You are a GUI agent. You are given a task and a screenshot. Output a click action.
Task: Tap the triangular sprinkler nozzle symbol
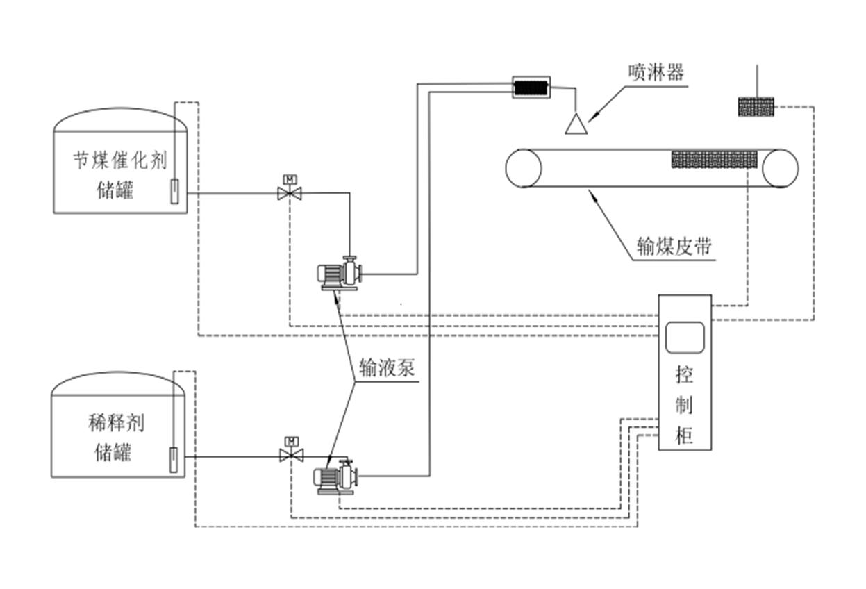coord(576,124)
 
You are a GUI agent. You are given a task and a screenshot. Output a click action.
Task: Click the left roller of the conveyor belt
coord(524,168)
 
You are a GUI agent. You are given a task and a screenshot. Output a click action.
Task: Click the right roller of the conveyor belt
coord(780,168)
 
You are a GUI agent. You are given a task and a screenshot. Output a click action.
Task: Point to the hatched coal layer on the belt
coord(713,159)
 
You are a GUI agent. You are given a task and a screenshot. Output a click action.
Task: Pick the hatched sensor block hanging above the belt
coord(755,107)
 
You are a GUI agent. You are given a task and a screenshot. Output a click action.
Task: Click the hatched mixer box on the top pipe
coord(531,87)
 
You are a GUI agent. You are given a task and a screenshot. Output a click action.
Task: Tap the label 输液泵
coord(387,367)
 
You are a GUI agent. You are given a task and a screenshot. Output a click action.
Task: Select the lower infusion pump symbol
coord(335,478)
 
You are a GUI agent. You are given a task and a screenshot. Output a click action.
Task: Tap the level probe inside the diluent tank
coord(173,459)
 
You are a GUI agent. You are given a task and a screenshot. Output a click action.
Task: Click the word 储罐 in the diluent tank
coord(114,452)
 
